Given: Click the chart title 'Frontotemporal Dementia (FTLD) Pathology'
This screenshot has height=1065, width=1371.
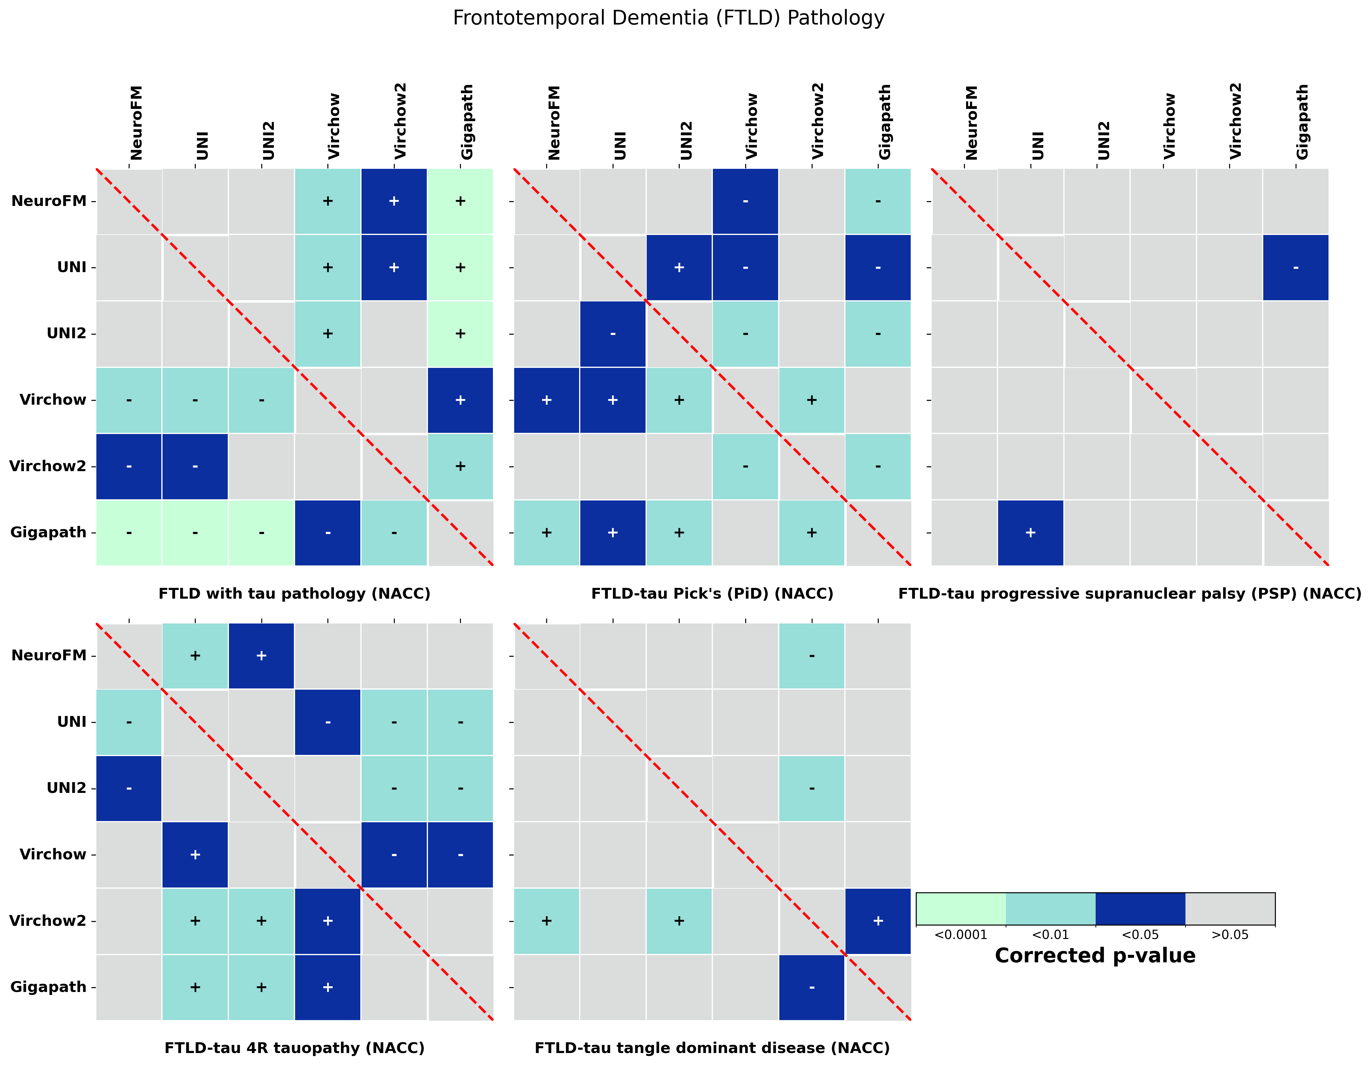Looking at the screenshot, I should click(x=669, y=18).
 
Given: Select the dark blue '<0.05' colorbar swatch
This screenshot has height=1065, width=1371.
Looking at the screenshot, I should click(x=1140, y=909).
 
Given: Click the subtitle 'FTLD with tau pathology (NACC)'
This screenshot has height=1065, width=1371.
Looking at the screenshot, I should click(x=294, y=593).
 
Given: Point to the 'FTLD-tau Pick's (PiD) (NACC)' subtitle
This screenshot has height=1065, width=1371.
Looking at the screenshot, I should click(x=712, y=593).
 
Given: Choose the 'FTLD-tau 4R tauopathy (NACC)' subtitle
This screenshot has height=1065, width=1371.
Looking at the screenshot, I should click(x=294, y=1048).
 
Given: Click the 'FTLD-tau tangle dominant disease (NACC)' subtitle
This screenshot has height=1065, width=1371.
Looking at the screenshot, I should click(x=712, y=1048).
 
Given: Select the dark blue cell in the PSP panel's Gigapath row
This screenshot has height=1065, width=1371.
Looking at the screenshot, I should click(x=1030, y=532).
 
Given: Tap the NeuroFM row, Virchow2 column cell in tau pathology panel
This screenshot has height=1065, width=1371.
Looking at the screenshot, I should click(x=394, y=201).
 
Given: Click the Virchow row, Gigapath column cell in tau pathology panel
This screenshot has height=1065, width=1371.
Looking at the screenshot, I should click(x=460, y=400).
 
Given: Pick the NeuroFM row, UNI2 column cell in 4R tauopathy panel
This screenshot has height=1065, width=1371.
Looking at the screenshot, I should click(x=261, y=656).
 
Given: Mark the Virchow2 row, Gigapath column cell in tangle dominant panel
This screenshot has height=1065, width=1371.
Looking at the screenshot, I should click(x=877, y=921).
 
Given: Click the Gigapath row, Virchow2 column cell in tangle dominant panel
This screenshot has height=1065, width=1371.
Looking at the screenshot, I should click(x=812, y=987).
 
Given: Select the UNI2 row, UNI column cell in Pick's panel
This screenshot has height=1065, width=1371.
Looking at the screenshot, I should click(x=613, y=333).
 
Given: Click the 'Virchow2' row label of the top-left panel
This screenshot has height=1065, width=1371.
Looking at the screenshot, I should click(x=48, y=466).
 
